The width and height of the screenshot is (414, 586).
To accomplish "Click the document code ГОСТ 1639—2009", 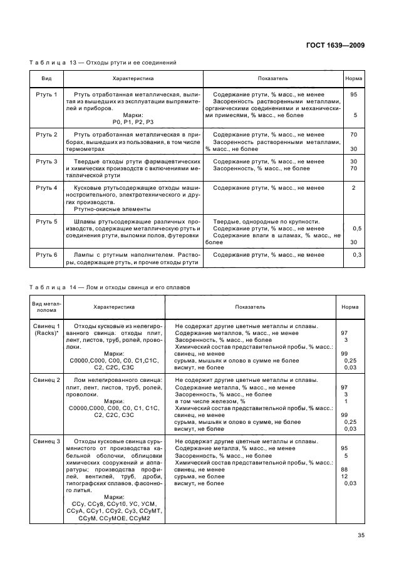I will (x=335, y=45).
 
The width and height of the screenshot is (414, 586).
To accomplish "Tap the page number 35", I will (x=360, y=535).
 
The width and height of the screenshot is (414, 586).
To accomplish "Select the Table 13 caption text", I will (x=103, y=63).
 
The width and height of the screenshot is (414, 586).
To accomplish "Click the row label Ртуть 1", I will (x=46, y=95).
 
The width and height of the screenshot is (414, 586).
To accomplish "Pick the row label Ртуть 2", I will (x=46, y=135).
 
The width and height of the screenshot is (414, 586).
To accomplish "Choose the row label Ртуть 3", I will (x=46, y=162).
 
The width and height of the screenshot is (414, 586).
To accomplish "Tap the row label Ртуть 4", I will (x=46, y=188).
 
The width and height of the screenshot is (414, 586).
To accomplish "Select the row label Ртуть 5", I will (x=46, y=222).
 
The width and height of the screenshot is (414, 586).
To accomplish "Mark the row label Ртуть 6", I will (x=46, y=255).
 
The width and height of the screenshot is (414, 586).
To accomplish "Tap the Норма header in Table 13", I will (x=354, y=80).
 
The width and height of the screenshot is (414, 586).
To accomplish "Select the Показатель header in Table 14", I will (x=250, y=307).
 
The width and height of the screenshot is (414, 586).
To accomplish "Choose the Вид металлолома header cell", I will (x=46, y=307).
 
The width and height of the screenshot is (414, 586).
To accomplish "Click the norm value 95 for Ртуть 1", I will (x=354, y=95).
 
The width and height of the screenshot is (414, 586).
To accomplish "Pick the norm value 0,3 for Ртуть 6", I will (x=357, y=255).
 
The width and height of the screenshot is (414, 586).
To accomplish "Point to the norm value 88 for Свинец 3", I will (x=344, y=469).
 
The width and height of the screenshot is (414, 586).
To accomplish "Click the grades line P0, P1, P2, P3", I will (x=133, y=121).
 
